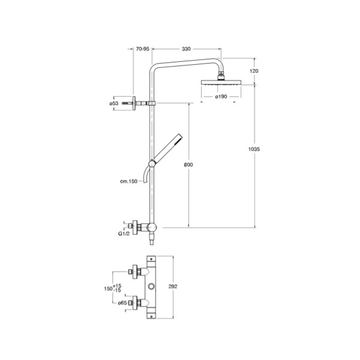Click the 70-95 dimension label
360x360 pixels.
tap(143, 49)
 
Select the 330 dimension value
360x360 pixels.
tap(186, 49)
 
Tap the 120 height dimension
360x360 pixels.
tap(254, 71)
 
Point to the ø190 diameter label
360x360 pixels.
tap(221, 97)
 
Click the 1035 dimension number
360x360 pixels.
tap(254, 149)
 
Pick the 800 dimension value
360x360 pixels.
tap(188, 164)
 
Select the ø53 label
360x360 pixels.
tap(114, 104)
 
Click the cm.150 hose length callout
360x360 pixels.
tap(128, 181)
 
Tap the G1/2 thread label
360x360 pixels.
tap(124, 234)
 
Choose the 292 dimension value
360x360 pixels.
tap(173, 287)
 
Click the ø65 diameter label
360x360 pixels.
tap(122, 303)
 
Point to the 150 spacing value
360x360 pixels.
tap(108, 289)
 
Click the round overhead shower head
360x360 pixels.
tap(221, 82)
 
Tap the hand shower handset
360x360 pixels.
tap(168, 148)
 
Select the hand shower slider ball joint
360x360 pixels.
tap(152, 164)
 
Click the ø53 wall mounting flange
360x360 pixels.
tap(134, 103)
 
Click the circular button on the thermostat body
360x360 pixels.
tap(151, 287)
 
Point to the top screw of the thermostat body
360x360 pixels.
tap(151, 259)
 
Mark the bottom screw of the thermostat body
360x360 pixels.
tap(151, 316)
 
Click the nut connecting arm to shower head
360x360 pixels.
tap(221, 73)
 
